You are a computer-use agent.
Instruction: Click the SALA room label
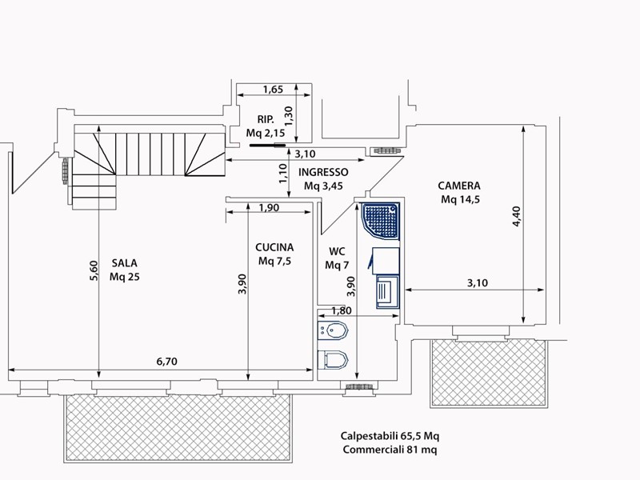pos(125,263)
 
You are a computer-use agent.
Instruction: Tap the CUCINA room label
pos(274,247)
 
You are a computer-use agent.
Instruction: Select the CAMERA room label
pos(459,186)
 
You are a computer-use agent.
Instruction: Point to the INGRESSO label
pos(323,172)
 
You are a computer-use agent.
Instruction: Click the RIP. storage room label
pos(266,119)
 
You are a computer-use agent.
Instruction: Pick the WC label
pos(337,251)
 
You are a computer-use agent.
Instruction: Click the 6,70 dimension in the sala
pos(167,362)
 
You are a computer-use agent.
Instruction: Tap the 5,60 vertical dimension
pos(94,270)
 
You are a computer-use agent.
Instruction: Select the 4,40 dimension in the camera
pos(516,216)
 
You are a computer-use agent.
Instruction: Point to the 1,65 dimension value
pos(273,90)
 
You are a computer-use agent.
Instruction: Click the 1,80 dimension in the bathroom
pos(342,311)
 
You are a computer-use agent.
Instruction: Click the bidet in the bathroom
pos(333,330)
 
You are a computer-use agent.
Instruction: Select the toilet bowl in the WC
pos(333,359)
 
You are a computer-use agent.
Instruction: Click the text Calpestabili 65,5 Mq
pos(390,436)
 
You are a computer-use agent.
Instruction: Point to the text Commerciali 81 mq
pos(390,450)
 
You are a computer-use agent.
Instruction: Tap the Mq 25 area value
pos(125,277)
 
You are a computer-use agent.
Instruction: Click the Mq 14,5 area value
pos(460,199)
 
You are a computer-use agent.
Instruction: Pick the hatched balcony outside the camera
pos(489,373)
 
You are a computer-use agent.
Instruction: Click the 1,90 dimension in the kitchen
pos(269,208)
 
